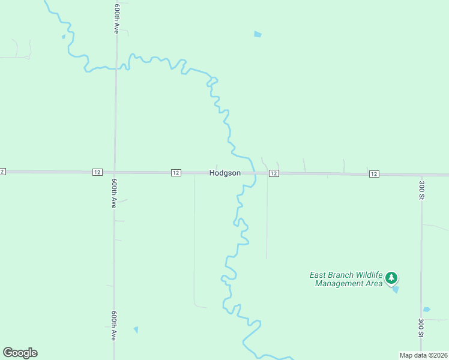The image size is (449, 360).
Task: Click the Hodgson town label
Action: click(x=225, y=173)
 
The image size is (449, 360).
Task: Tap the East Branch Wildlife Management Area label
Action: click(x=346, y=279)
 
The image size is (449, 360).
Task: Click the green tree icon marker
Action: click(x=391, y=277)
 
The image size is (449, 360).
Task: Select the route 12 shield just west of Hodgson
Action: click(x=176, y=173)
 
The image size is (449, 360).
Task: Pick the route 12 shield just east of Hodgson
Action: click(x=274, y=173)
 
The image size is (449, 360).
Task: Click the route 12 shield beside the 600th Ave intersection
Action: click(x=97, y=172)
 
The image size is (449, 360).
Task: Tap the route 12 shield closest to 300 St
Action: click(x=374, y=174)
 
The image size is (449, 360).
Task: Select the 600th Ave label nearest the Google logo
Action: click(x=113, y=326)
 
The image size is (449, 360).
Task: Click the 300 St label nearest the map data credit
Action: click(x=421, y=328)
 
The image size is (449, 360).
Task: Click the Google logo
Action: click(x=20, y=353)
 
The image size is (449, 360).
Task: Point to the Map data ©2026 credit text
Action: click(x=423, y=355)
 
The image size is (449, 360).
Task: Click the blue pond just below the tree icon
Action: click(x=395, y=289)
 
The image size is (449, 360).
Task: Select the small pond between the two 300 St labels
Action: click(x=426, y=310)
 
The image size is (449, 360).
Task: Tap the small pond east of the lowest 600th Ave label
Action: click(x=136, y=329)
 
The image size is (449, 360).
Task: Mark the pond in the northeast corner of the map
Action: click(x=258, y=34)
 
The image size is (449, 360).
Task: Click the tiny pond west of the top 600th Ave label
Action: click(x=63, y=37)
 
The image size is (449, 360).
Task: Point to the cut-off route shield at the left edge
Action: click(x=2, y=172)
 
